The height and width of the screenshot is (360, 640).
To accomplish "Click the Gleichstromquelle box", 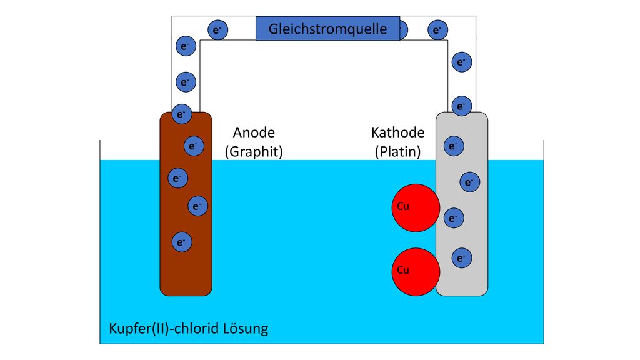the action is pyautogui.click(x=327, y=29).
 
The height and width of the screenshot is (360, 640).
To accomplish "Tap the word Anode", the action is pyautogui.click(x=254, y=132).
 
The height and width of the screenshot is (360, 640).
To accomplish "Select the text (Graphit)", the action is pyautogui.click(x=254, y=151).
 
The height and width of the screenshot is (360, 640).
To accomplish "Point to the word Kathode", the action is pyautogui.click(x=398, y=132).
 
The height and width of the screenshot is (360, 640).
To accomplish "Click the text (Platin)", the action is pyautogui.click(x=398, y=151).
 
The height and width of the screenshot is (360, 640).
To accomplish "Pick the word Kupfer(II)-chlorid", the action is pyautogui.click(x=164, y=329).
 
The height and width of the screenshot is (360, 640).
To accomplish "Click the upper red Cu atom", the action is pyautogui.click(x=416, y=207).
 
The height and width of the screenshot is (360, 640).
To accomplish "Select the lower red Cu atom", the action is pyautogui.click(x=416, y=272).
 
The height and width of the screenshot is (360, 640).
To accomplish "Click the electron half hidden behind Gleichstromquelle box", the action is pyautogui.click(x=403, y=30).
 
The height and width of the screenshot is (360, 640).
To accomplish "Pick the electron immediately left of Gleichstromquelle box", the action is pyautogui.click(x=218, y=30).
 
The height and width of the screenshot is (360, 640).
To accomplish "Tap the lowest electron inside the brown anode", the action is pyautogui.click(x=182, y=242).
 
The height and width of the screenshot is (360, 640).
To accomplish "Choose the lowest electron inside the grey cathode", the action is pyautogui.click(x=462, y=258).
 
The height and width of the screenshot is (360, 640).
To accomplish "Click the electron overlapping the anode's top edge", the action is pyautogui.click(x=182, y=114).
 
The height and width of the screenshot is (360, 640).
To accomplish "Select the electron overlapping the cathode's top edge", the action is pyautogui.click(x=462, y=106).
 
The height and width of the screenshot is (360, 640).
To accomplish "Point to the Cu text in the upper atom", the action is pyautogui.click(x=403, y=206).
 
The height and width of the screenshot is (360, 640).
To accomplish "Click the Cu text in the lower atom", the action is pyautogui.click(x=403, y=270).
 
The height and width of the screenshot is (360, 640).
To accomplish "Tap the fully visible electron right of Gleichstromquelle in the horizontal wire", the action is pyautogui.click(x=438, y=30).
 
